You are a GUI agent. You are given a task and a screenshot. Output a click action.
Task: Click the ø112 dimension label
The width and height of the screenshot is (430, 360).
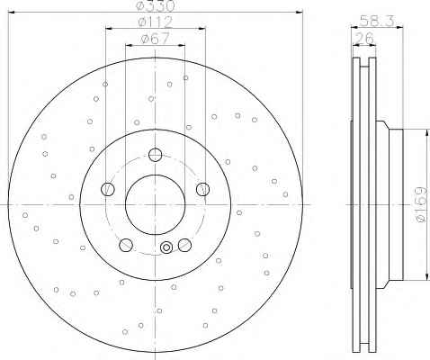156,22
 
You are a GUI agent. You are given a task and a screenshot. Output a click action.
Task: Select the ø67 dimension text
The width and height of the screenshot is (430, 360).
156,39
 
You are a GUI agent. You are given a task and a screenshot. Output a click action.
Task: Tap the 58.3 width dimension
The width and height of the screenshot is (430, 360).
377,21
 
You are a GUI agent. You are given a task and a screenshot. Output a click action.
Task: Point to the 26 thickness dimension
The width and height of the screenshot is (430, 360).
364,39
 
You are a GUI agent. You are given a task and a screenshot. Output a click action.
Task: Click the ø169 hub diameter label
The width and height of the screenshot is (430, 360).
422,204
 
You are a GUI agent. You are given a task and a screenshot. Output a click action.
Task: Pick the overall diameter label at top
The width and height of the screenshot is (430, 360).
156,5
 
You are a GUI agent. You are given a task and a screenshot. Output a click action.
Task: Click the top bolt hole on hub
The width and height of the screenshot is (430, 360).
155,155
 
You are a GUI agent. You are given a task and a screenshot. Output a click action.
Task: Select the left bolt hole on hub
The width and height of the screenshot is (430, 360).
108,189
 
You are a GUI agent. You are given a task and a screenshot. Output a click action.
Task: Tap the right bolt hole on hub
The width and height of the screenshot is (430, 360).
202,189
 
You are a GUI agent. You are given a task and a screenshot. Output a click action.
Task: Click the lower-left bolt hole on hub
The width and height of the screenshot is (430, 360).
126,245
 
